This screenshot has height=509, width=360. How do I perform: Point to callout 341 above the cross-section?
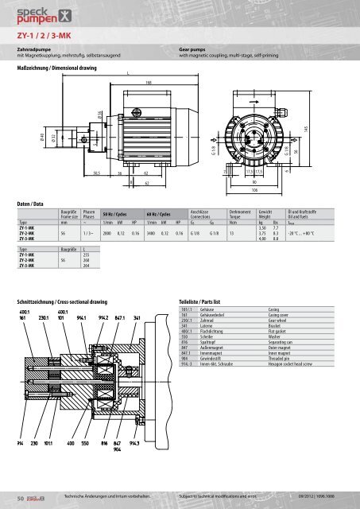(137, 294)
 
